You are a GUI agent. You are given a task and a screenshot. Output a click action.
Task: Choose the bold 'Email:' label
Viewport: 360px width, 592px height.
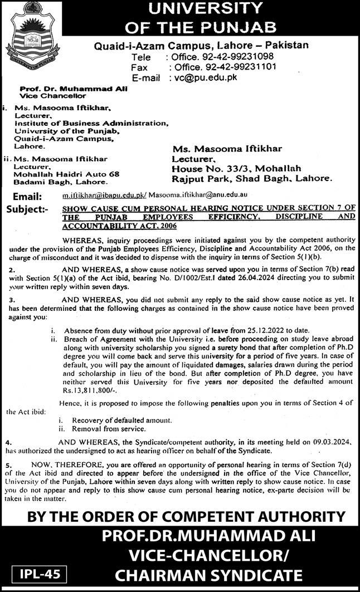click(24, 197)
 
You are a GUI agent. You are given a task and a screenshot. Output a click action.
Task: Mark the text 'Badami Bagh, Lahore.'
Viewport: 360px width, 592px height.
click(60, 182)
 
